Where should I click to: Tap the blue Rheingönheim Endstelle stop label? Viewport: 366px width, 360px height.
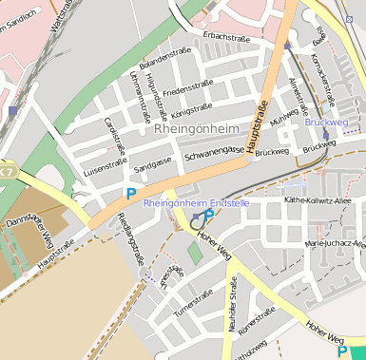[x=196, y=202]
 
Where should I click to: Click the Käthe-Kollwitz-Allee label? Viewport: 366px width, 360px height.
[x=318, y=200]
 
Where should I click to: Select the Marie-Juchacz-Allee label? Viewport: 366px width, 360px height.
[x=335, y=244]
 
